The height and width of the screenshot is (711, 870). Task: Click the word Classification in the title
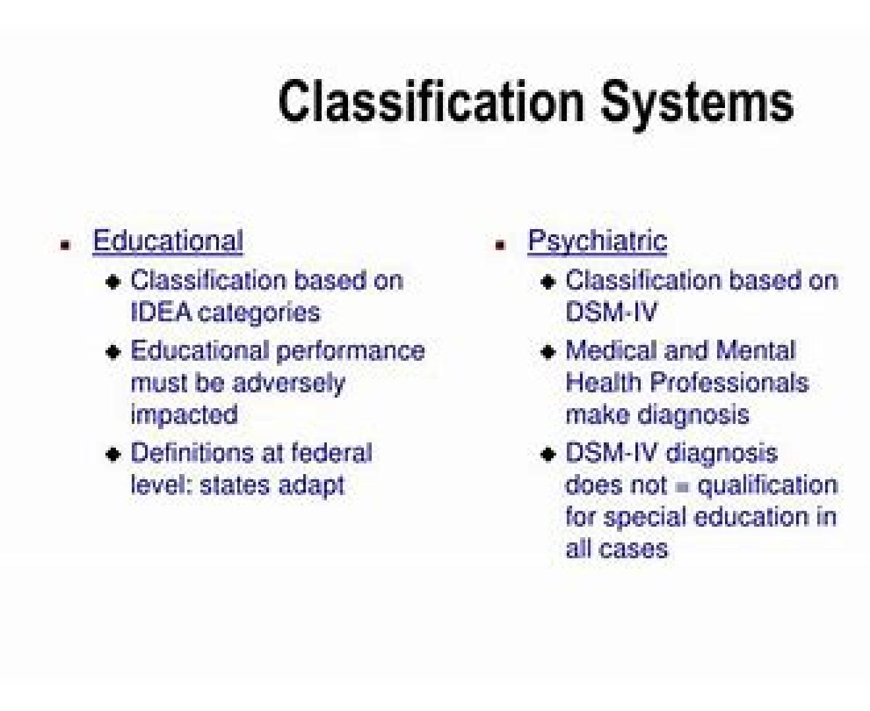[x=431, y=101]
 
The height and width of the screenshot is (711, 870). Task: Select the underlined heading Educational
[x=168, y=241]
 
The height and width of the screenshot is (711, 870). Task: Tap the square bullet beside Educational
[x=65, y=245]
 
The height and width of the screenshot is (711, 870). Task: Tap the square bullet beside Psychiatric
[x=500, y=245]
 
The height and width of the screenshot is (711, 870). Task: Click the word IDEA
[x=161, y=312]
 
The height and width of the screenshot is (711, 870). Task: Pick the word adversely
[x=289, y=384]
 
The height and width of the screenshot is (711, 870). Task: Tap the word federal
[x=331, y=452]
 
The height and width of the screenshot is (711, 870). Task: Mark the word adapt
[x=312, y=486]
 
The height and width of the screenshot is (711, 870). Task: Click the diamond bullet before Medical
[x=548, y=352]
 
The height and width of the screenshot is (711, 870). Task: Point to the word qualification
[x=767, y=486]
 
